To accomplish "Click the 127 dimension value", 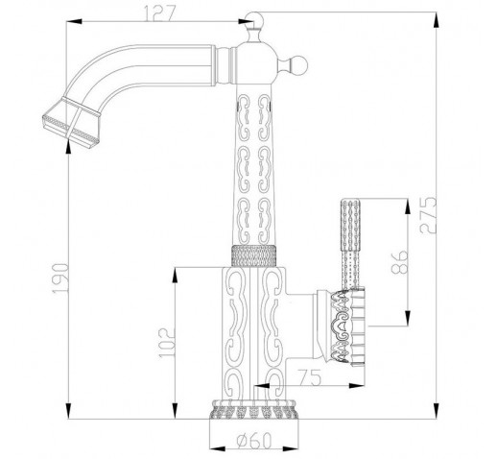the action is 160,13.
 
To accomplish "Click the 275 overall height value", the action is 428,215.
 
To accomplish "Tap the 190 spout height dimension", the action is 60,278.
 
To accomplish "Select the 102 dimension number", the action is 167,343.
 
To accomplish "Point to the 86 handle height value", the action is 400,262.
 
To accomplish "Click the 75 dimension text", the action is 309,377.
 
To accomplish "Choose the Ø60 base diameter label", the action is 254,441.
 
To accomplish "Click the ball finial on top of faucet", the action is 254,20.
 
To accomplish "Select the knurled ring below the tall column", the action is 253,255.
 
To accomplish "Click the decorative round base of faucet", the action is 253,409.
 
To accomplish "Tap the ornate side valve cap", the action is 347,326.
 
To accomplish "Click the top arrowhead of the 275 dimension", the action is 436,20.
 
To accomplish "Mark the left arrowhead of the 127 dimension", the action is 74,21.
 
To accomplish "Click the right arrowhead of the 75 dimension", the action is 356,386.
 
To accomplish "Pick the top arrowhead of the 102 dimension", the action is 175,276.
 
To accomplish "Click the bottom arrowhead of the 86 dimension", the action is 408,318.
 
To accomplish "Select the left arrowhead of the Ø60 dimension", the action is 217,448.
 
